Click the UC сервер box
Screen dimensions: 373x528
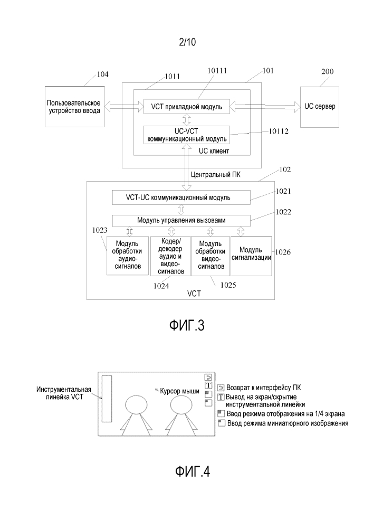[320, 107]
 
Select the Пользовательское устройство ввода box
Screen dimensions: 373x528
[75, 107]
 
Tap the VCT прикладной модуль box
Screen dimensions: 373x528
[187, 107]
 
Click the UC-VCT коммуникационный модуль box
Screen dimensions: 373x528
[187, 135]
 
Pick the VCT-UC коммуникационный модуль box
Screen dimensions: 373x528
[181, 197]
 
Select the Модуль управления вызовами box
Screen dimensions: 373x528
[181, 221]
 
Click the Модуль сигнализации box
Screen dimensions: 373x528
[251, 256]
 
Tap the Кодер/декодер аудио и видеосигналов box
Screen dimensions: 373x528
[171, 256]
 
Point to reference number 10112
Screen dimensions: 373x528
[279, 131]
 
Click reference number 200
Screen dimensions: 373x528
[327, 71]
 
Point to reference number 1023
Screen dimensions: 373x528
[100, 230]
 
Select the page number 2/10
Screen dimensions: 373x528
[187, 42]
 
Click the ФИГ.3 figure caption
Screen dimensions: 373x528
[187, 325]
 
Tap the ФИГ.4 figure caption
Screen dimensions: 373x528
[193, 472]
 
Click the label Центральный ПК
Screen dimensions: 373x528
[216, 174]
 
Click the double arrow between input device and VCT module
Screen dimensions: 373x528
[124, 107]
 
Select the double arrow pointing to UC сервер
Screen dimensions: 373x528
[265, 107]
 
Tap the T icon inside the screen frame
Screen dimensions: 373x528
[208, 385]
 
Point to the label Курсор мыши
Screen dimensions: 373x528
[179, 391]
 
